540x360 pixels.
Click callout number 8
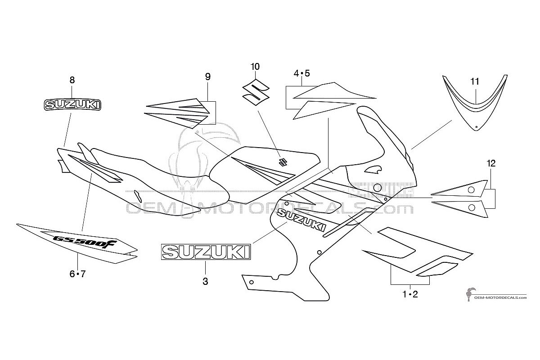[72, 80]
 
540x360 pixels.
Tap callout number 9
[208, 76]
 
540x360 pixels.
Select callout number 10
[255, 67]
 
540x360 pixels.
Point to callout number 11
[475, 81]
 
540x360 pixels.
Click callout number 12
[491, 163]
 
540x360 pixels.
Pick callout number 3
[205, 281]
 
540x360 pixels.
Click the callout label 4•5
[301, 73]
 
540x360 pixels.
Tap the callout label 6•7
[77, 274]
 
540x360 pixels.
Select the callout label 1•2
[410, 294]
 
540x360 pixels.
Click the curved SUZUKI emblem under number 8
[72, 105]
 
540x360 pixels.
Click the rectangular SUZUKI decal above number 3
[206, 252]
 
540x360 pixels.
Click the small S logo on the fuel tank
[282, 162]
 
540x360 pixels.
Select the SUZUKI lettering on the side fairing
[301, 220]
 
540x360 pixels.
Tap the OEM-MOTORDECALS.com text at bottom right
[500, 297]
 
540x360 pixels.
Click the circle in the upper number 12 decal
[471, 190]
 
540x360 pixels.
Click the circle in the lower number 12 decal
[472, 207]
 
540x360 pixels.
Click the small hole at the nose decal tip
[476, 127]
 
